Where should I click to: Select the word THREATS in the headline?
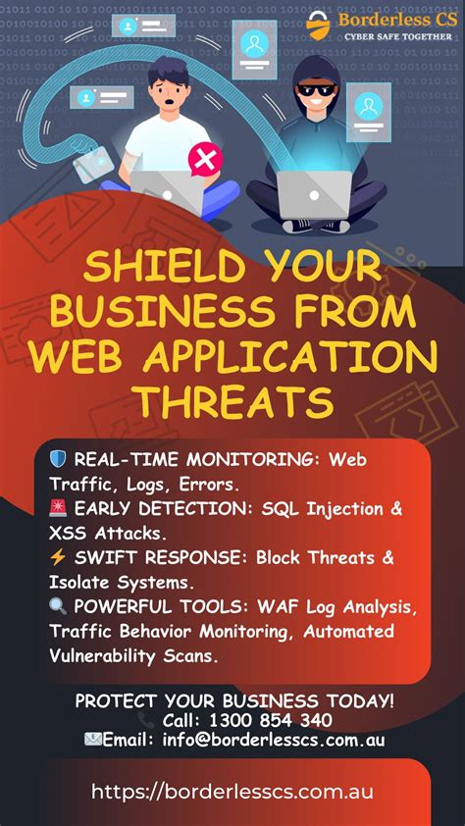[x=232, y=400]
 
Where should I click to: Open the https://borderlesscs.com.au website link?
[x=232, y=792]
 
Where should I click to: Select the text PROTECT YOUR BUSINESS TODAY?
[x=235, y=700]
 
